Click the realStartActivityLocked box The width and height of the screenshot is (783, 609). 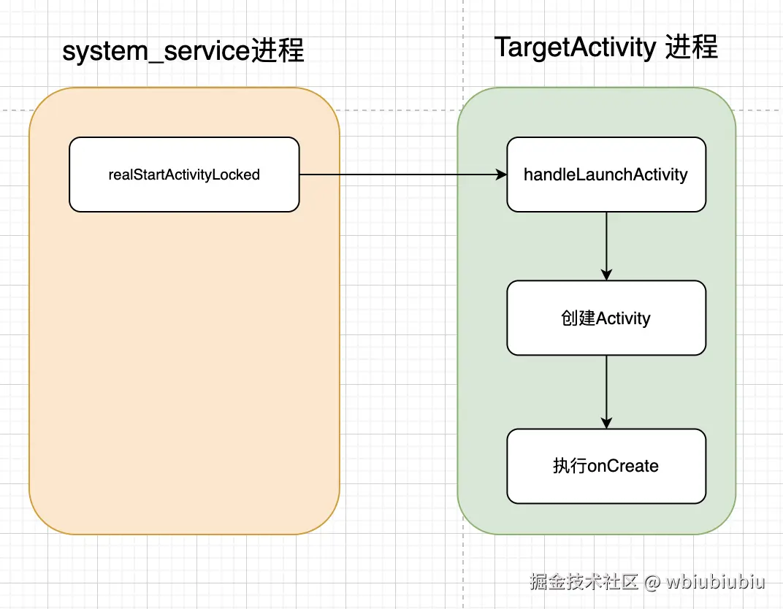(x=184, y=175)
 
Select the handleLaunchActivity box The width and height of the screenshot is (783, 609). (x=606, y=175)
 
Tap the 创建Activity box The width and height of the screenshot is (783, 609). (x=606, y=318)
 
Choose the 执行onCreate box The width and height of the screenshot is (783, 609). (x=606, y=466)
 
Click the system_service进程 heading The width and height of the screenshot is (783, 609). (x=183, y=52)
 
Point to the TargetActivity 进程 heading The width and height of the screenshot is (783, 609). (x=606, y=47)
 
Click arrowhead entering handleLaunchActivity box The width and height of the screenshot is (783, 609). (x=501, y=175)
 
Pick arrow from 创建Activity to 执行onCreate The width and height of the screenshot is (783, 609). (x=606, y=391)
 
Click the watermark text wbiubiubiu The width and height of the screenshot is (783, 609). (x=715, y=582)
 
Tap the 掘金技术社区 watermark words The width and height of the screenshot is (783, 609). (x=584, y=582)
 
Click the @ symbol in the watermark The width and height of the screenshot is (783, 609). (x=652, y=582)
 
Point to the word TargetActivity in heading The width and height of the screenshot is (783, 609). (x=576, y=47)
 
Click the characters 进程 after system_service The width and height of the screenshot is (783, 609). (x=278, y=52)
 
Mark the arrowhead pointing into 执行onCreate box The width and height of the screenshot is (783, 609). (x=606, y=423)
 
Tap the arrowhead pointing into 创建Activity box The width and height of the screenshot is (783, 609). (x=606, y=275)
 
